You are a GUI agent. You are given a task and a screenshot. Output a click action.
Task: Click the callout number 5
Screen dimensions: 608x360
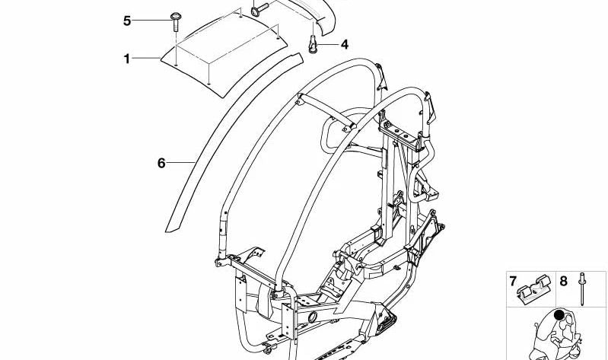pyautogui.click(x=128, y=21)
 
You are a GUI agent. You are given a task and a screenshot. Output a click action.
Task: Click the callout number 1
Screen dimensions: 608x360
pyautogui.click(x=128, y=58)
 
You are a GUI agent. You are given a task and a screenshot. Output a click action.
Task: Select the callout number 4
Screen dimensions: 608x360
pyautogui.click(x=344, y=45)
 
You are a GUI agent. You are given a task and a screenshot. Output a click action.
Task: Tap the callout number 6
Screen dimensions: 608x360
pyautogui.click(x=161, y=162)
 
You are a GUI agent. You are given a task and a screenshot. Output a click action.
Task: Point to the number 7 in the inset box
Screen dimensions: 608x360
pyautogui.click(x=513, y=281)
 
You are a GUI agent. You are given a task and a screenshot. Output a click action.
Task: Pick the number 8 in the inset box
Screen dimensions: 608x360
pyautogui.click(x=563, y=281)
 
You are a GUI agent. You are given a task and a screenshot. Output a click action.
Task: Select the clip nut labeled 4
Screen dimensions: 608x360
pyautogui.click(x=312, y=46)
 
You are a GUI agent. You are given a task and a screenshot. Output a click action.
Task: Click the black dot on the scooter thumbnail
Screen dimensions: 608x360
pyautogui.click(x=561, y=315)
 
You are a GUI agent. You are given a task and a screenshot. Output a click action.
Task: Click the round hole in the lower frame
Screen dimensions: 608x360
pyautogui.click(x=312, y=314)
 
